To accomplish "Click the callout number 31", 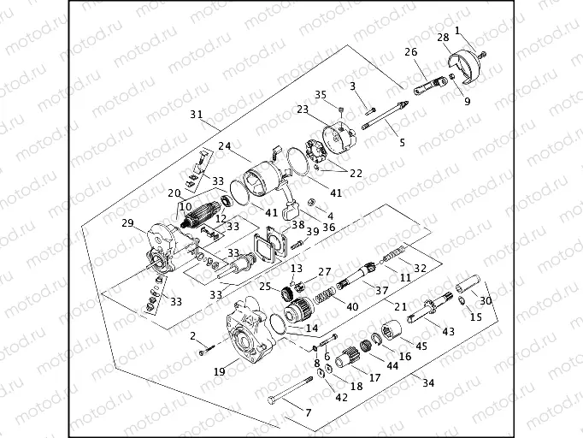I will point(196,115).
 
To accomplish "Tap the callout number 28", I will point(443,38).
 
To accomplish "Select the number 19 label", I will point(221,371).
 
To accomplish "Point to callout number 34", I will point(428,382).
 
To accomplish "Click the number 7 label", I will point(309,412).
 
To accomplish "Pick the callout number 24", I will point(225,146).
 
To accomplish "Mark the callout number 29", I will point(128,223).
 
